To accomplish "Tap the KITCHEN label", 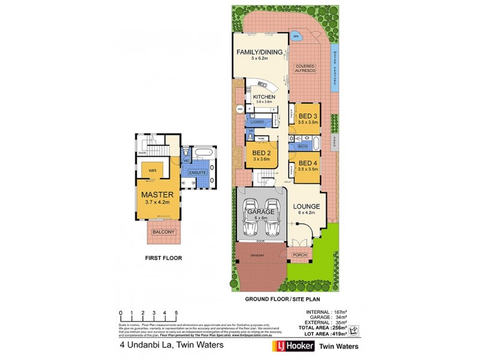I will (263, 97).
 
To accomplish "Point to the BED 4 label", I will (308, 163).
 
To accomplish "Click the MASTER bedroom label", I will (157, 195).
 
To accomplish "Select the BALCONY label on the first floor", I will (163, 232).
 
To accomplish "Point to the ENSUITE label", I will (197, 173).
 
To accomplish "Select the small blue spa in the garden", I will (296, 37).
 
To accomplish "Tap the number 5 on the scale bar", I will (176, 313).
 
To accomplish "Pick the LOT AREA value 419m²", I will (339, 334).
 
